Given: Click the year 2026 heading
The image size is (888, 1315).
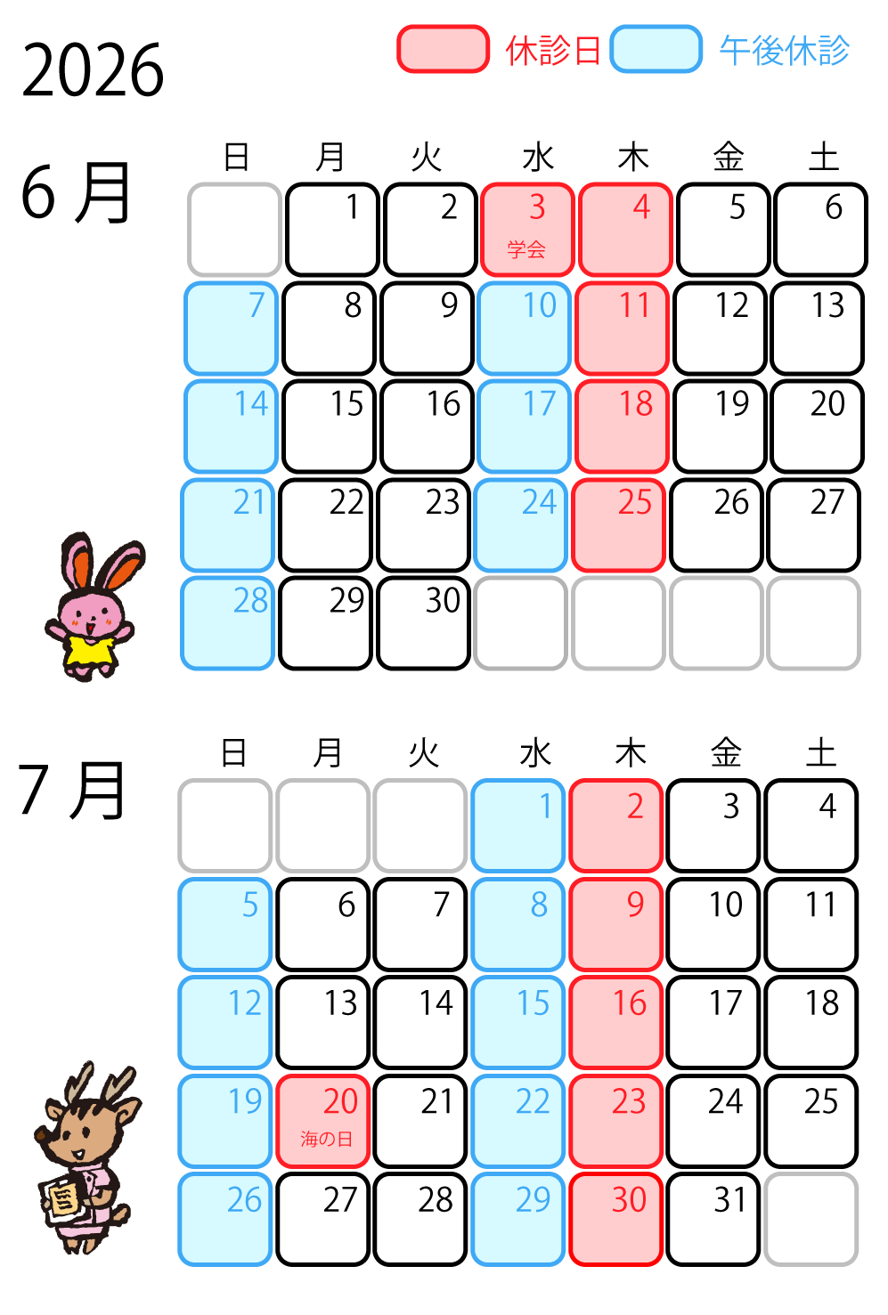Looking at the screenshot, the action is (x=93, y=69).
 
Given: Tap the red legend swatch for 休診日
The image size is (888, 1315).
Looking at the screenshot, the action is (x=443, y=49).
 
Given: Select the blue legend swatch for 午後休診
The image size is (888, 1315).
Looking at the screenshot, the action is (x=656, y=49).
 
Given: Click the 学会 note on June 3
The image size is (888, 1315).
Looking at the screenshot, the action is (x=526, y=249).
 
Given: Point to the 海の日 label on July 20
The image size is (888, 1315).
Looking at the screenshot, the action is (x=326, y=1139).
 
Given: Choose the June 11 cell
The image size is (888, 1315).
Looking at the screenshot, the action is (x=622, y=329).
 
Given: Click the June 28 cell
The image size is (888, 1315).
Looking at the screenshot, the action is (x=227, y=623).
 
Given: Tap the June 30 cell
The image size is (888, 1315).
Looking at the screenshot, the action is (x=423, y=623).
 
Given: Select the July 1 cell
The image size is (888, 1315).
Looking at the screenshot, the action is (x=518, y=825).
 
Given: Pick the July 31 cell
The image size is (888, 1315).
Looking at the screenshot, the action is (x=713, y=1220).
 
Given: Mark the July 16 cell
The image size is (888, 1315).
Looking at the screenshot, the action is (x=616, y=1022).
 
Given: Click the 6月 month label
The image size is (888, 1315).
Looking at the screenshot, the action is (x=75, y=192).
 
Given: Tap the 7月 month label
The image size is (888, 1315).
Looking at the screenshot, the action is (x=71, y=790).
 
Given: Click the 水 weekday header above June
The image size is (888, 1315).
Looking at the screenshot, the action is (x=538, y=158).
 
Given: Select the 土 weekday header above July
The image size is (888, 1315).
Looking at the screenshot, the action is (x=820, y=752).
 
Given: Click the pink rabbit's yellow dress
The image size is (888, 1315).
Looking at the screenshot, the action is (x=89, y=649).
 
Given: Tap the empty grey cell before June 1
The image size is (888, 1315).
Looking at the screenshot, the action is (x=234, y=230).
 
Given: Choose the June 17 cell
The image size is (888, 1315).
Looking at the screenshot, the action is (x=524, y=426).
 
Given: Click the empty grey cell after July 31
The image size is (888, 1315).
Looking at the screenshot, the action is (x=811, y=1220).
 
